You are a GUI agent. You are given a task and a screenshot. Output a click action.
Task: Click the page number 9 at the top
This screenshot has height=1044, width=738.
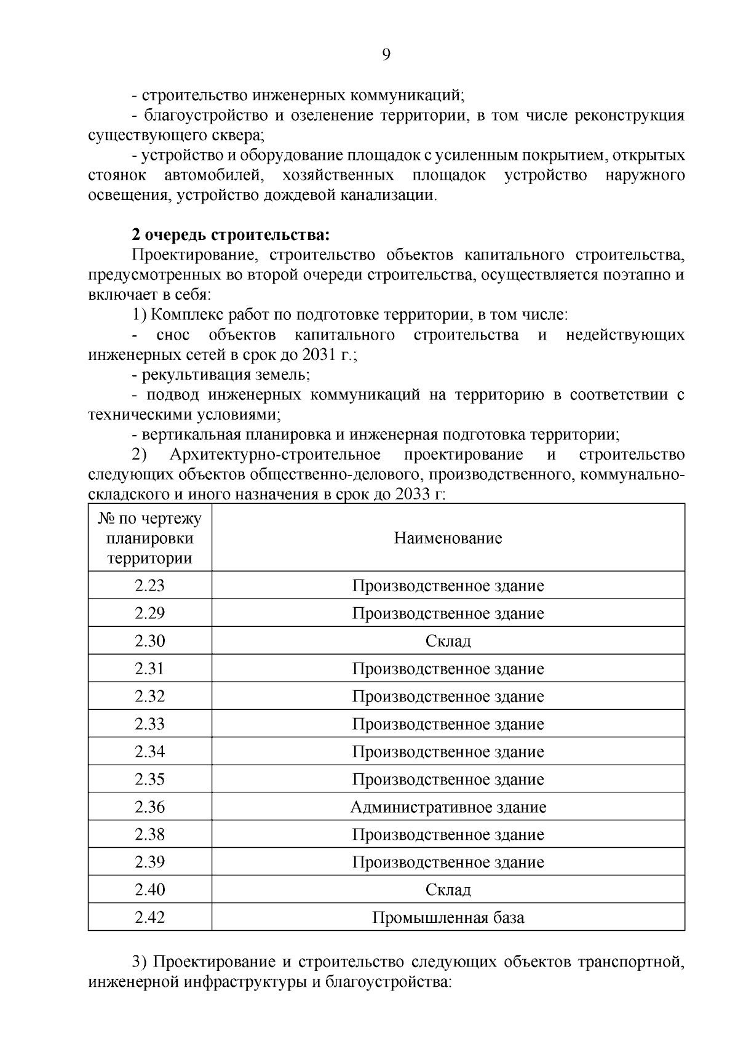click(x=386, y=55)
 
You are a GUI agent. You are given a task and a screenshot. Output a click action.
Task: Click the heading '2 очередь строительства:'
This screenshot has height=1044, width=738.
click(x=231, y=235)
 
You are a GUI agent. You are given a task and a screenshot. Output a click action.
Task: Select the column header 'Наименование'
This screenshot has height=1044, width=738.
click(x=448, y=538)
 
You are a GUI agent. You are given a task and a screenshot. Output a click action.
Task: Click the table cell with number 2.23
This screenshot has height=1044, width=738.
click(x=149, y=585)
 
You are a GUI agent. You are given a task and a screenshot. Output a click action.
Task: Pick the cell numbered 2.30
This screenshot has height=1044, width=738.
click(x=149, y=640)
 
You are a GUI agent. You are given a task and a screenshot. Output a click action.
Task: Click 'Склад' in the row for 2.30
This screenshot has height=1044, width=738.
click(x=448, y=641)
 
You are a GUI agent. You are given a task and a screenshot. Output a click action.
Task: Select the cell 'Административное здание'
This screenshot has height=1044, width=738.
click(x=448, y=807)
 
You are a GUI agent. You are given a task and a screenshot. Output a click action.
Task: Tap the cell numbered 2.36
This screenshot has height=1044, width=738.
click(x=149, y=807)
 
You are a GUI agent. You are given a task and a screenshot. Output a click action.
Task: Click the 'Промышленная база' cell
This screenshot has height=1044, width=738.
click(x=448, y=917)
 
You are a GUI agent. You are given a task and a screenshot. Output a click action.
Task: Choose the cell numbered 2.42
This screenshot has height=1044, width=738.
click(x=149, y=917)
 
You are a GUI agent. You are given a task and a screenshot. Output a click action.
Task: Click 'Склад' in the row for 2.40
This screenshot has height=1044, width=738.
click(x=448, y=890)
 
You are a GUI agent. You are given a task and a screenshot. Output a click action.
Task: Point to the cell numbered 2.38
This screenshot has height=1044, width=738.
click(x=149, y=834)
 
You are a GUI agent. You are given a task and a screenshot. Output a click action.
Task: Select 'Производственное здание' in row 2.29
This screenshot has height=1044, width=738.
click(x=448, y=613)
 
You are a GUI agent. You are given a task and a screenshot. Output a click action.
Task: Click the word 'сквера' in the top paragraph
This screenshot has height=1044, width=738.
click(x=239, y=135)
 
